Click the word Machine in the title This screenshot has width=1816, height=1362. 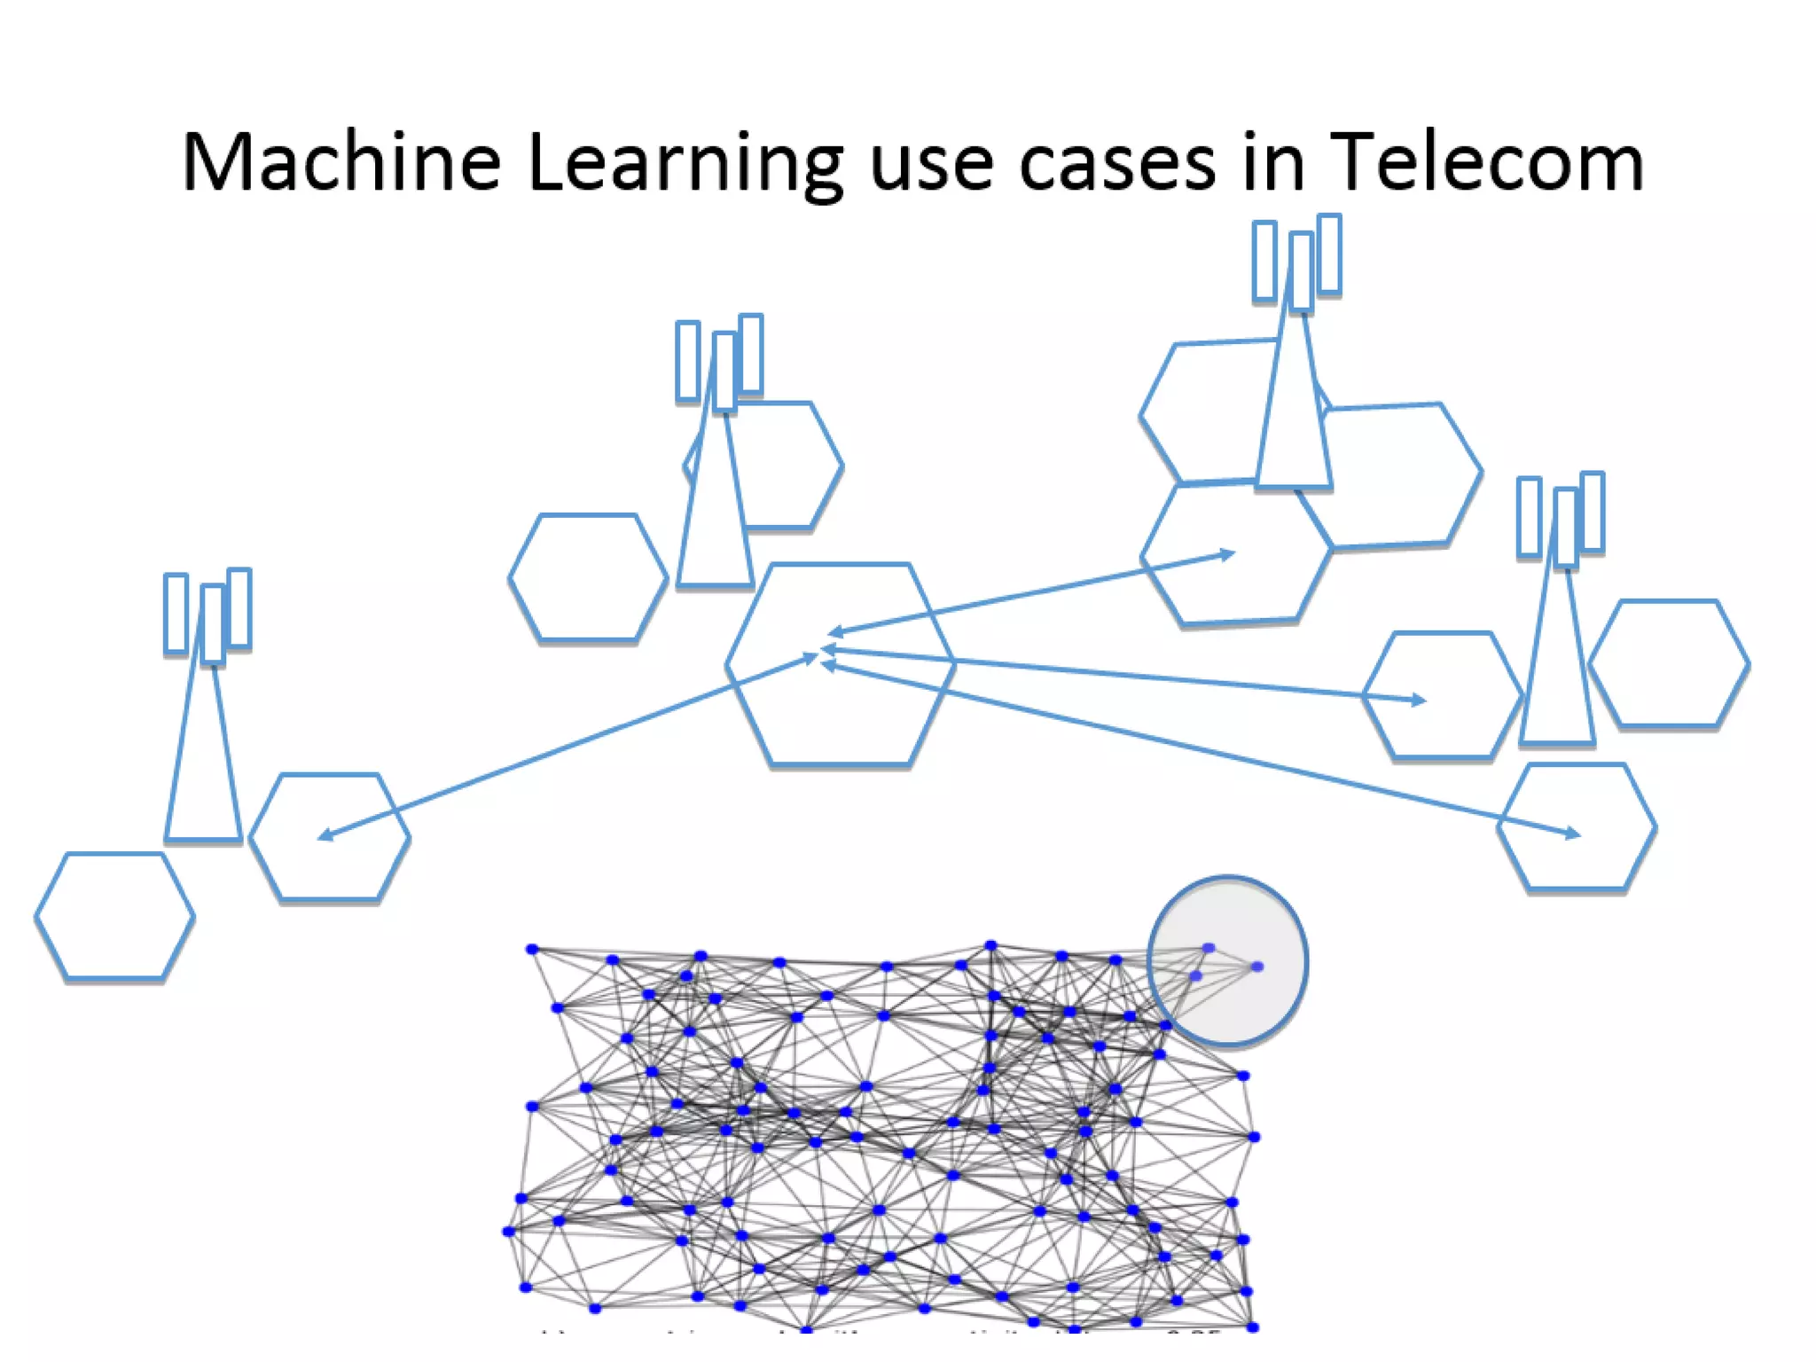tap(341, 161)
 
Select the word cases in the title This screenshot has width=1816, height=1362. tap(1117, 163)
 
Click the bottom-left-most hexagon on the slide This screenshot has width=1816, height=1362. tap(114, 917)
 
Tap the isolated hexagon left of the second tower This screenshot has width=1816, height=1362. tap(588, 577)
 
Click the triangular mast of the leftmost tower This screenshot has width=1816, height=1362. tap(203, 771)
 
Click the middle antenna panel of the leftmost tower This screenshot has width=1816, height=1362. tap(213, 624)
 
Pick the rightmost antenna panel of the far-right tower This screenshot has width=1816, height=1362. tap(1593, 512)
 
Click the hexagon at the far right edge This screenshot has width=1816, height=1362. tap(1669, 663)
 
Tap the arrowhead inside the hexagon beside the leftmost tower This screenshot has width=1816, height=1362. tap(325, 834)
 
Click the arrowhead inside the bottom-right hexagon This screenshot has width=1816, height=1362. tap(1573, 833)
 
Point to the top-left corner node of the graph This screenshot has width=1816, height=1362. tap(532, 950)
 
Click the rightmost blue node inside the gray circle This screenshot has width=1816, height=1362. tap(1257, 967)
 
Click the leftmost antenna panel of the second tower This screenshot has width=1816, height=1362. tap(688, 361)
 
